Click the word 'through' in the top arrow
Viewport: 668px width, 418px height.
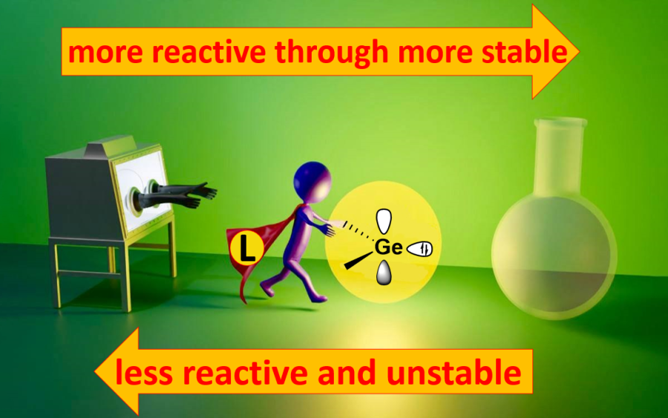(332, 53)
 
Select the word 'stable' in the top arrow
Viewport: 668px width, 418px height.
(525, 51)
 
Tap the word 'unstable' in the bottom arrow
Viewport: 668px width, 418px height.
(454, 372)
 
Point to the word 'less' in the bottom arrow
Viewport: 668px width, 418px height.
(144, 372)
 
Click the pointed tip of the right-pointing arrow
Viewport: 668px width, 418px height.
(579, 51)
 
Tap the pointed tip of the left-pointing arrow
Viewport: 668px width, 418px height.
(95, 371)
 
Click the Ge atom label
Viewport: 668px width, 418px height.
(388, 247)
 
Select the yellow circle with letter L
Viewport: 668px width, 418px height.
(246, 247)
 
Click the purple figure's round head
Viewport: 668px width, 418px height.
(312, 181)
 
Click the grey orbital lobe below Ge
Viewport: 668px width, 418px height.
(384, 272)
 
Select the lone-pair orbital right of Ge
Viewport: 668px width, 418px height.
(419, 249)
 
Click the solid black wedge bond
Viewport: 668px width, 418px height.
(358, 261)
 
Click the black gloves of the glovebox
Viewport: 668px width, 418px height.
(179, 195)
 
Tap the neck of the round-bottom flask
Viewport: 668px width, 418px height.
(559, 157)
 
